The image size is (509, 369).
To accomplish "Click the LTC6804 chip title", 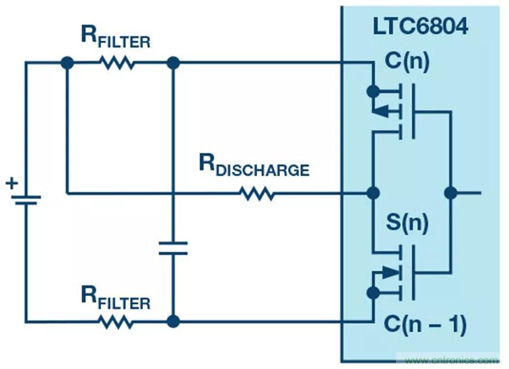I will coord(421,26).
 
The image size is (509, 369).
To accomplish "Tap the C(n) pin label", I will coord(407,60).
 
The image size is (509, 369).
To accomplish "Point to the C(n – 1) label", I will coord(424,323).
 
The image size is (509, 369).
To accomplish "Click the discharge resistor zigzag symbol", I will coord(257,194).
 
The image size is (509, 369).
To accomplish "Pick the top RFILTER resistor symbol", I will coord(118,63).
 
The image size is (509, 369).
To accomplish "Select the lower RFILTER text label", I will coord(115,298).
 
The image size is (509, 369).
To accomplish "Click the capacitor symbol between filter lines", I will coord(173,248).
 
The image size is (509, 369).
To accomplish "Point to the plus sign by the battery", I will coord(11,183).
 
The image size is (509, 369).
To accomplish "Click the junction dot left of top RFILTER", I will coord(67,63).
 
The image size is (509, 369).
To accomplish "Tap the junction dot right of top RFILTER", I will coord(173,63).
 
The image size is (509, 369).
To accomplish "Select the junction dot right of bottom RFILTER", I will coord(173,322).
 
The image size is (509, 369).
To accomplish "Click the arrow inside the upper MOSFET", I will coord(383,111).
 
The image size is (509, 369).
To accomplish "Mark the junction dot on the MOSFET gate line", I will coord(450,193).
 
